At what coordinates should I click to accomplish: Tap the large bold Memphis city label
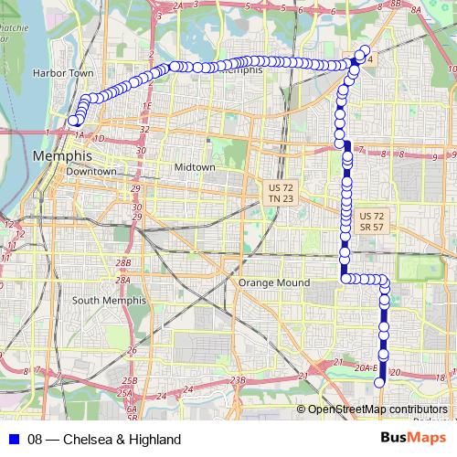point(61,156)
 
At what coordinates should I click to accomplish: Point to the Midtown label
point(195,168)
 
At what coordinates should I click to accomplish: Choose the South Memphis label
point(109,300)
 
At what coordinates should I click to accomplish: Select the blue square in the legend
point(12,440)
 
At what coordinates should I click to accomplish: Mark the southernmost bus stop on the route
point(380,383)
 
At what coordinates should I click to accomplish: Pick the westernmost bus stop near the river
point(72,120)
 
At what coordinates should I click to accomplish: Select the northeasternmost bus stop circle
point(366,49)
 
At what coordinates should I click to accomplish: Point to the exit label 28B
point(123,262)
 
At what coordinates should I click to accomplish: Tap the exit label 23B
point(239,379)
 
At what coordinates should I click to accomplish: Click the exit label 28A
point(123,280)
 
